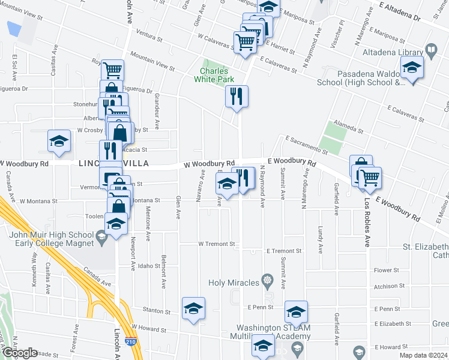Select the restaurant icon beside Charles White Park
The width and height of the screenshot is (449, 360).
[x=237, y=97]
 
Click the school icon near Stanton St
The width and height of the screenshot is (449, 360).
[x=193, y=308]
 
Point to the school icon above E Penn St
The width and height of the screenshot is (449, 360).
[x=296, y=312]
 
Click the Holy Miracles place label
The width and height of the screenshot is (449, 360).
[x=234, y=282]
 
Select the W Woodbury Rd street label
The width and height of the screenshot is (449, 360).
[x=209, y=164]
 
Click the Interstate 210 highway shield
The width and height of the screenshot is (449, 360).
[x=130, y=341]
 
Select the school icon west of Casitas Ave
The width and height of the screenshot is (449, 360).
[x=59, y=142]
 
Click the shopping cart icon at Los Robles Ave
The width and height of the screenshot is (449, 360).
[x=370, y=178]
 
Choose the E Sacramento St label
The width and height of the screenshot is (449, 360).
[x=306, y=145]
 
